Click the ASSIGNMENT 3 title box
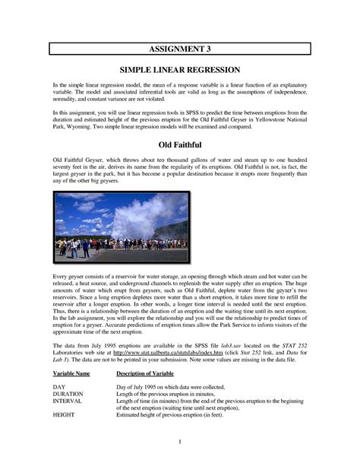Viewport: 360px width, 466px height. coord(180,49)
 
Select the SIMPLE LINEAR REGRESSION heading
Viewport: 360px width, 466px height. coord(180,69)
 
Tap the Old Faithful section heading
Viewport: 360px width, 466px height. coord(180,144)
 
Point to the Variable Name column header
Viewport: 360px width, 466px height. coord(71,374)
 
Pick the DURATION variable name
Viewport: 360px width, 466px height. coord(68,394)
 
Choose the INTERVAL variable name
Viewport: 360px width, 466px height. coord(68,401)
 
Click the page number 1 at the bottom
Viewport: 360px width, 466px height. coord(180,442)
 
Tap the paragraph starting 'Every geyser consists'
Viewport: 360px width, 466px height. coord(180,304)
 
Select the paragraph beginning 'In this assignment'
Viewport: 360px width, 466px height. coord(180,118)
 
